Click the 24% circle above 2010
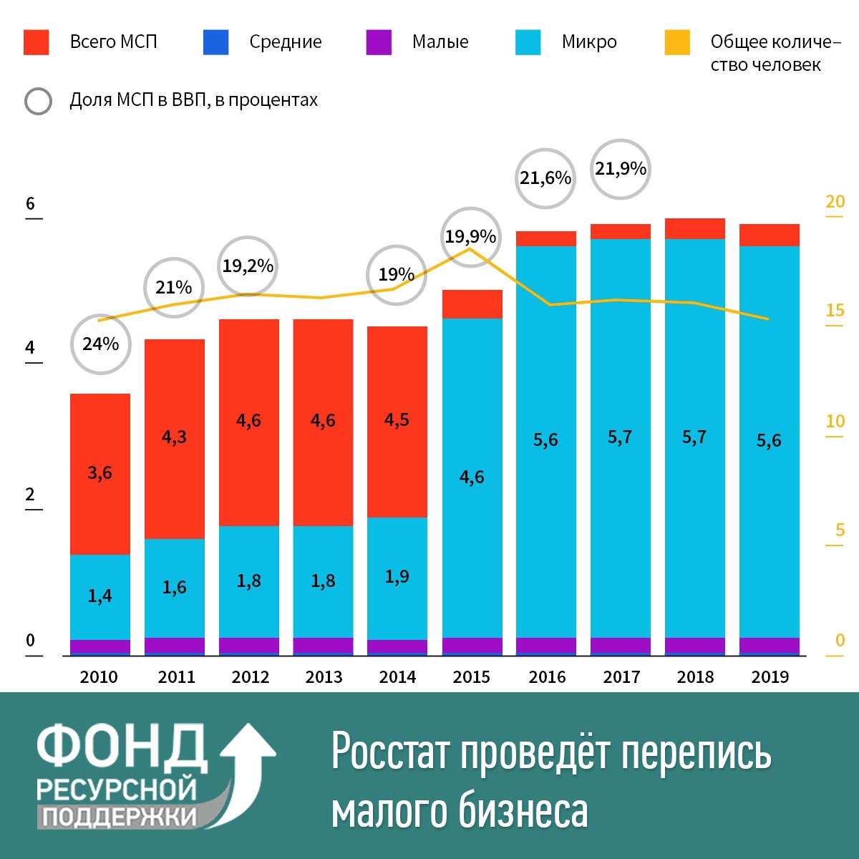pyautogui.click(x=101, y=344)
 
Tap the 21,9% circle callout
pyautogui.click(x=621, y=169)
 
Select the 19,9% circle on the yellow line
pyautogui.click(x=470, y=237)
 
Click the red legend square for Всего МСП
pyautogui.click(x=37, y=42)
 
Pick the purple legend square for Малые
pyautogui.click(x=379, y=42)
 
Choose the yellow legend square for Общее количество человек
pyautogui.click(x=677, y=42)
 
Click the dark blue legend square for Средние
pyautogui.click(x=216, y=42)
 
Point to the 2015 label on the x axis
pyautogui.click(x=471, y=677)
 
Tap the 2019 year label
pyautogui.click(x=770, y=677)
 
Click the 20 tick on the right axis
pyautogui.click(x=835, y=202)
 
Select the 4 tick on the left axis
pyautogui.click(x=30, y=349)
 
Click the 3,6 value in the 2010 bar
pyautogui.click(x=100, y=472)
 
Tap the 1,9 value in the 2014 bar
pyautogui.click(x=397, y=577)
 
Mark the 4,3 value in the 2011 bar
pyautogui.click(x=174, y=437)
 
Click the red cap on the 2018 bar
pyautogui.click(x=695, y=228)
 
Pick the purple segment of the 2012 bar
pyautogui.click(x=249, y=646)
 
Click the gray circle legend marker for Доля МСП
pyautogui.click(x=39, y=101)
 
